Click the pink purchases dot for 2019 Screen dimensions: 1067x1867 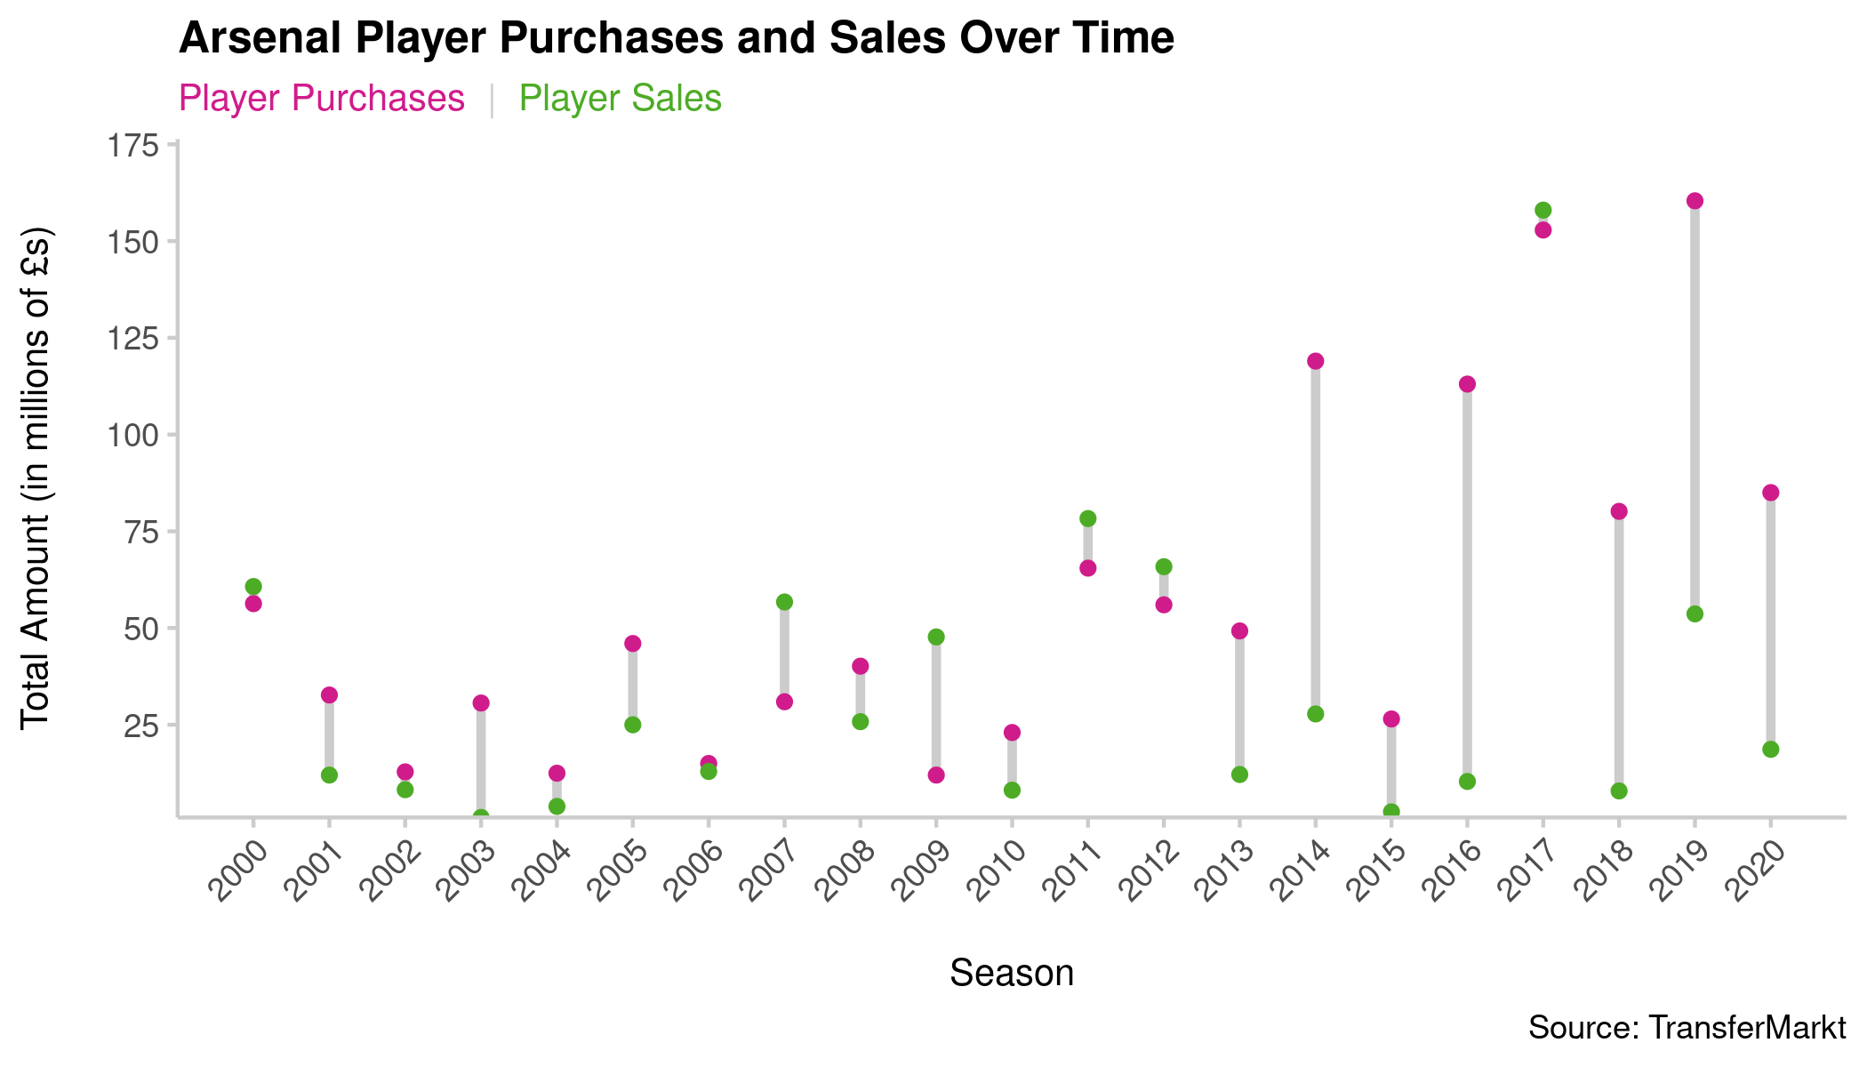click(1695, 201)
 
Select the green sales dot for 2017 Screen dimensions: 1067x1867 click(1542, 211)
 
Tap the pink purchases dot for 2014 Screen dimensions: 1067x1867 click(1316, 361)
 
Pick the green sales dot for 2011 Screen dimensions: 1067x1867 click(1087, 518)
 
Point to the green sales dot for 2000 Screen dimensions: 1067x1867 click(253, 587)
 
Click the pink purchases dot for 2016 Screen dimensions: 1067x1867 click(1467, 384)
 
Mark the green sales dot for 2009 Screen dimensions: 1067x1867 click(936, 638)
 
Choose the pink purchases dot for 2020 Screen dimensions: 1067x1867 click(1770, 493)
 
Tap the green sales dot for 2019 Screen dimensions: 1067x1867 click(1695, 614)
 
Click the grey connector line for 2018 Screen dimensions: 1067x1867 click(1619, 649)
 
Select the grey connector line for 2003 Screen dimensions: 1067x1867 click(481, 760)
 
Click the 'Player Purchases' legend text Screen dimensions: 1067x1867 click(322, 99)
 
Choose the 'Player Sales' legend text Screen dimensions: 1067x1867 click(620, 99)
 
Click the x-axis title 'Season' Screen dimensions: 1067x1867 click(1012, 974)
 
